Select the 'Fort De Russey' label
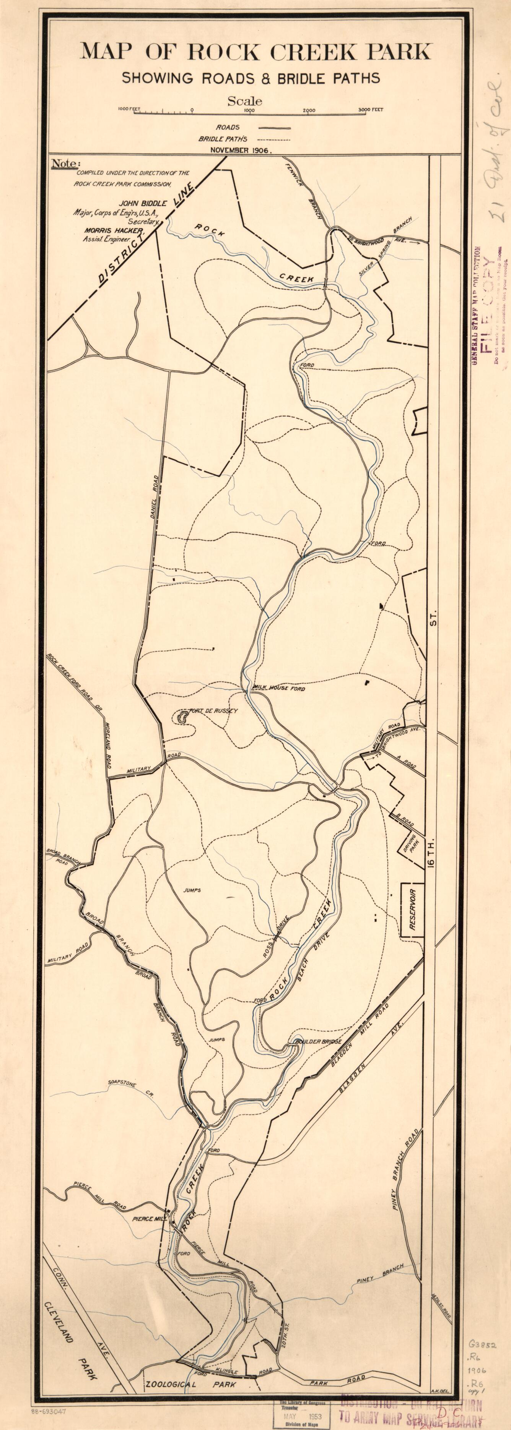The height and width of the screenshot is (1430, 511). pos(214,710)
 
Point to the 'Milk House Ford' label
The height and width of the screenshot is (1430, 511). pos(279,688)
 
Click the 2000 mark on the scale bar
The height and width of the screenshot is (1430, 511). pos(309,110)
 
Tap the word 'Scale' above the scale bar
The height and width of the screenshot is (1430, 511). pos(244,101)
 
